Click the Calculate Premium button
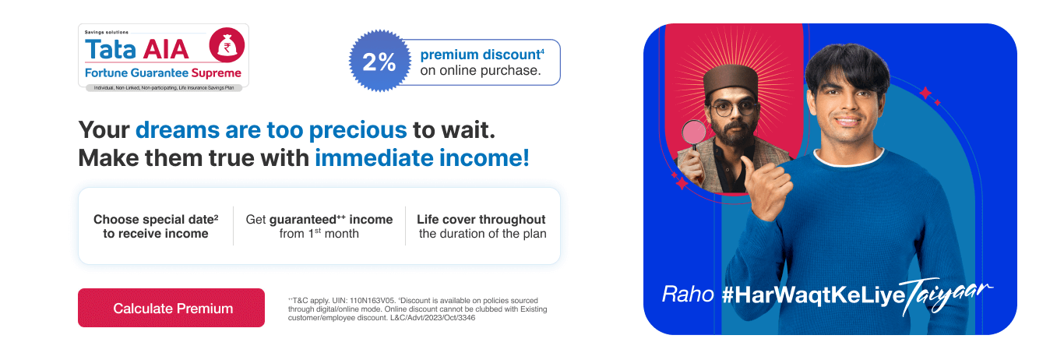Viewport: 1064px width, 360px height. pyautogui.click(x=171, y=308)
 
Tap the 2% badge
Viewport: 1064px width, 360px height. pyautogui.click(x=379, y=62)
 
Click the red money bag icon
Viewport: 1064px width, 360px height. pyautogui.click(x=227, y=45)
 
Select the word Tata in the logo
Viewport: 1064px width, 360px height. pyautogui.click(x=110, y=49)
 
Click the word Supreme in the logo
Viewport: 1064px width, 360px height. pyautogui.click(x=216, y=73)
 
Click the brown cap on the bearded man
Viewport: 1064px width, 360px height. pyautogui.click(x=731, y=79)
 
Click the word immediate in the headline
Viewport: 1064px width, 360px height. pyautogui.click(x=374, y=157)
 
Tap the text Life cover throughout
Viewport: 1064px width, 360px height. pyautogui.click(x=481, y=220)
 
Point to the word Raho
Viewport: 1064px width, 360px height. pyautogui.click(x=688, y=295)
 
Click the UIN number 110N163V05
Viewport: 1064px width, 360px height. pyautogui.click(x=372, y=301)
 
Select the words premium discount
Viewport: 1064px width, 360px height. pyautogui.click(x=481, y=55)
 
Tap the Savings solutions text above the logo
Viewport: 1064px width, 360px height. pyautogui.click(x=107, y=32)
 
